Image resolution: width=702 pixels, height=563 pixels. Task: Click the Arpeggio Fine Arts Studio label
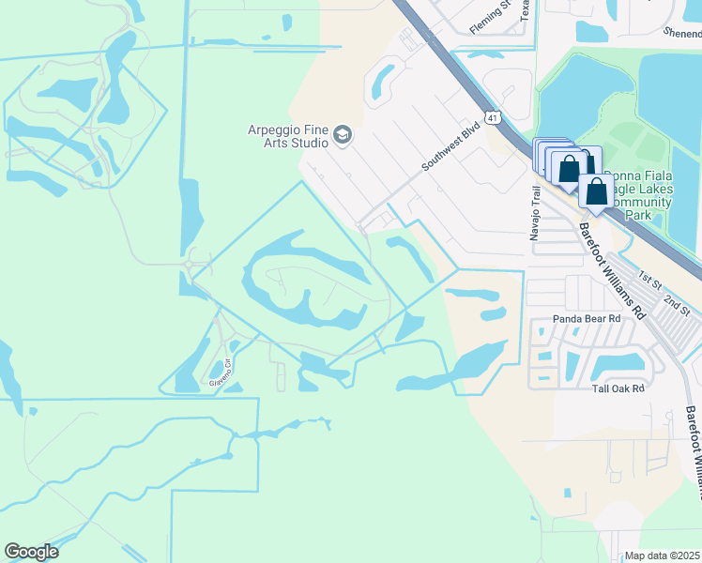[287, 136]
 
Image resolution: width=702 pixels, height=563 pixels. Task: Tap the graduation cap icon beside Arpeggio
[343, 136]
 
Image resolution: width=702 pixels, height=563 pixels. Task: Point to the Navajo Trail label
[536, 213]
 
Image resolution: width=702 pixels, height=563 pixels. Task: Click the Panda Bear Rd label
[588, 319]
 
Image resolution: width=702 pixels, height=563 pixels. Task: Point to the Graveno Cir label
[221, 374]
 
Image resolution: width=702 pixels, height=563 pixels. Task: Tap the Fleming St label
[490, 17]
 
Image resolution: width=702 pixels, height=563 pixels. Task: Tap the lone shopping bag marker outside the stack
[596, 192]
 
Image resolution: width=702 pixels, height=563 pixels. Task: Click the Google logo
[31, 552]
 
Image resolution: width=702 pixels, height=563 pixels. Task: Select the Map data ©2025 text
[663, 555]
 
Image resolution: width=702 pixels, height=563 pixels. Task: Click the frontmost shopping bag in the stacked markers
[569, 170]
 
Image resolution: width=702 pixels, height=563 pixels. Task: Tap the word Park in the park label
[638, 215]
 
